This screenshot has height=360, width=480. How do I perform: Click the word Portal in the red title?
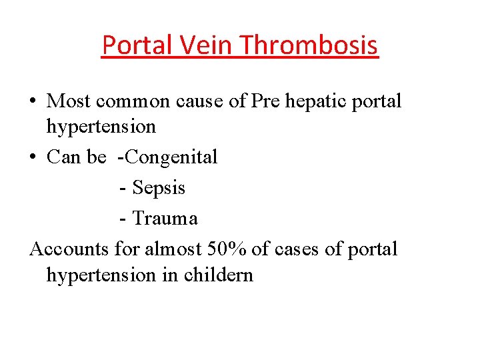tap(133, 45)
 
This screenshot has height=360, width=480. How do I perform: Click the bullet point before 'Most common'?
tap(33, 102)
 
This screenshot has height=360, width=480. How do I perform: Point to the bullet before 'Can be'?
tap(33, 158)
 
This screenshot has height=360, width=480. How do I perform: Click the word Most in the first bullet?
tap(69, 101)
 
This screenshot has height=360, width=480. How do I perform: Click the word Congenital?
tap(171, 157)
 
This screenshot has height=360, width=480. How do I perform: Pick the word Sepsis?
tap(159, 188)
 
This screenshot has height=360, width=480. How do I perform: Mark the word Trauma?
tap(165, 218)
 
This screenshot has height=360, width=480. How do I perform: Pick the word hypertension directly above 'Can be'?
tap(101, 126)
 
